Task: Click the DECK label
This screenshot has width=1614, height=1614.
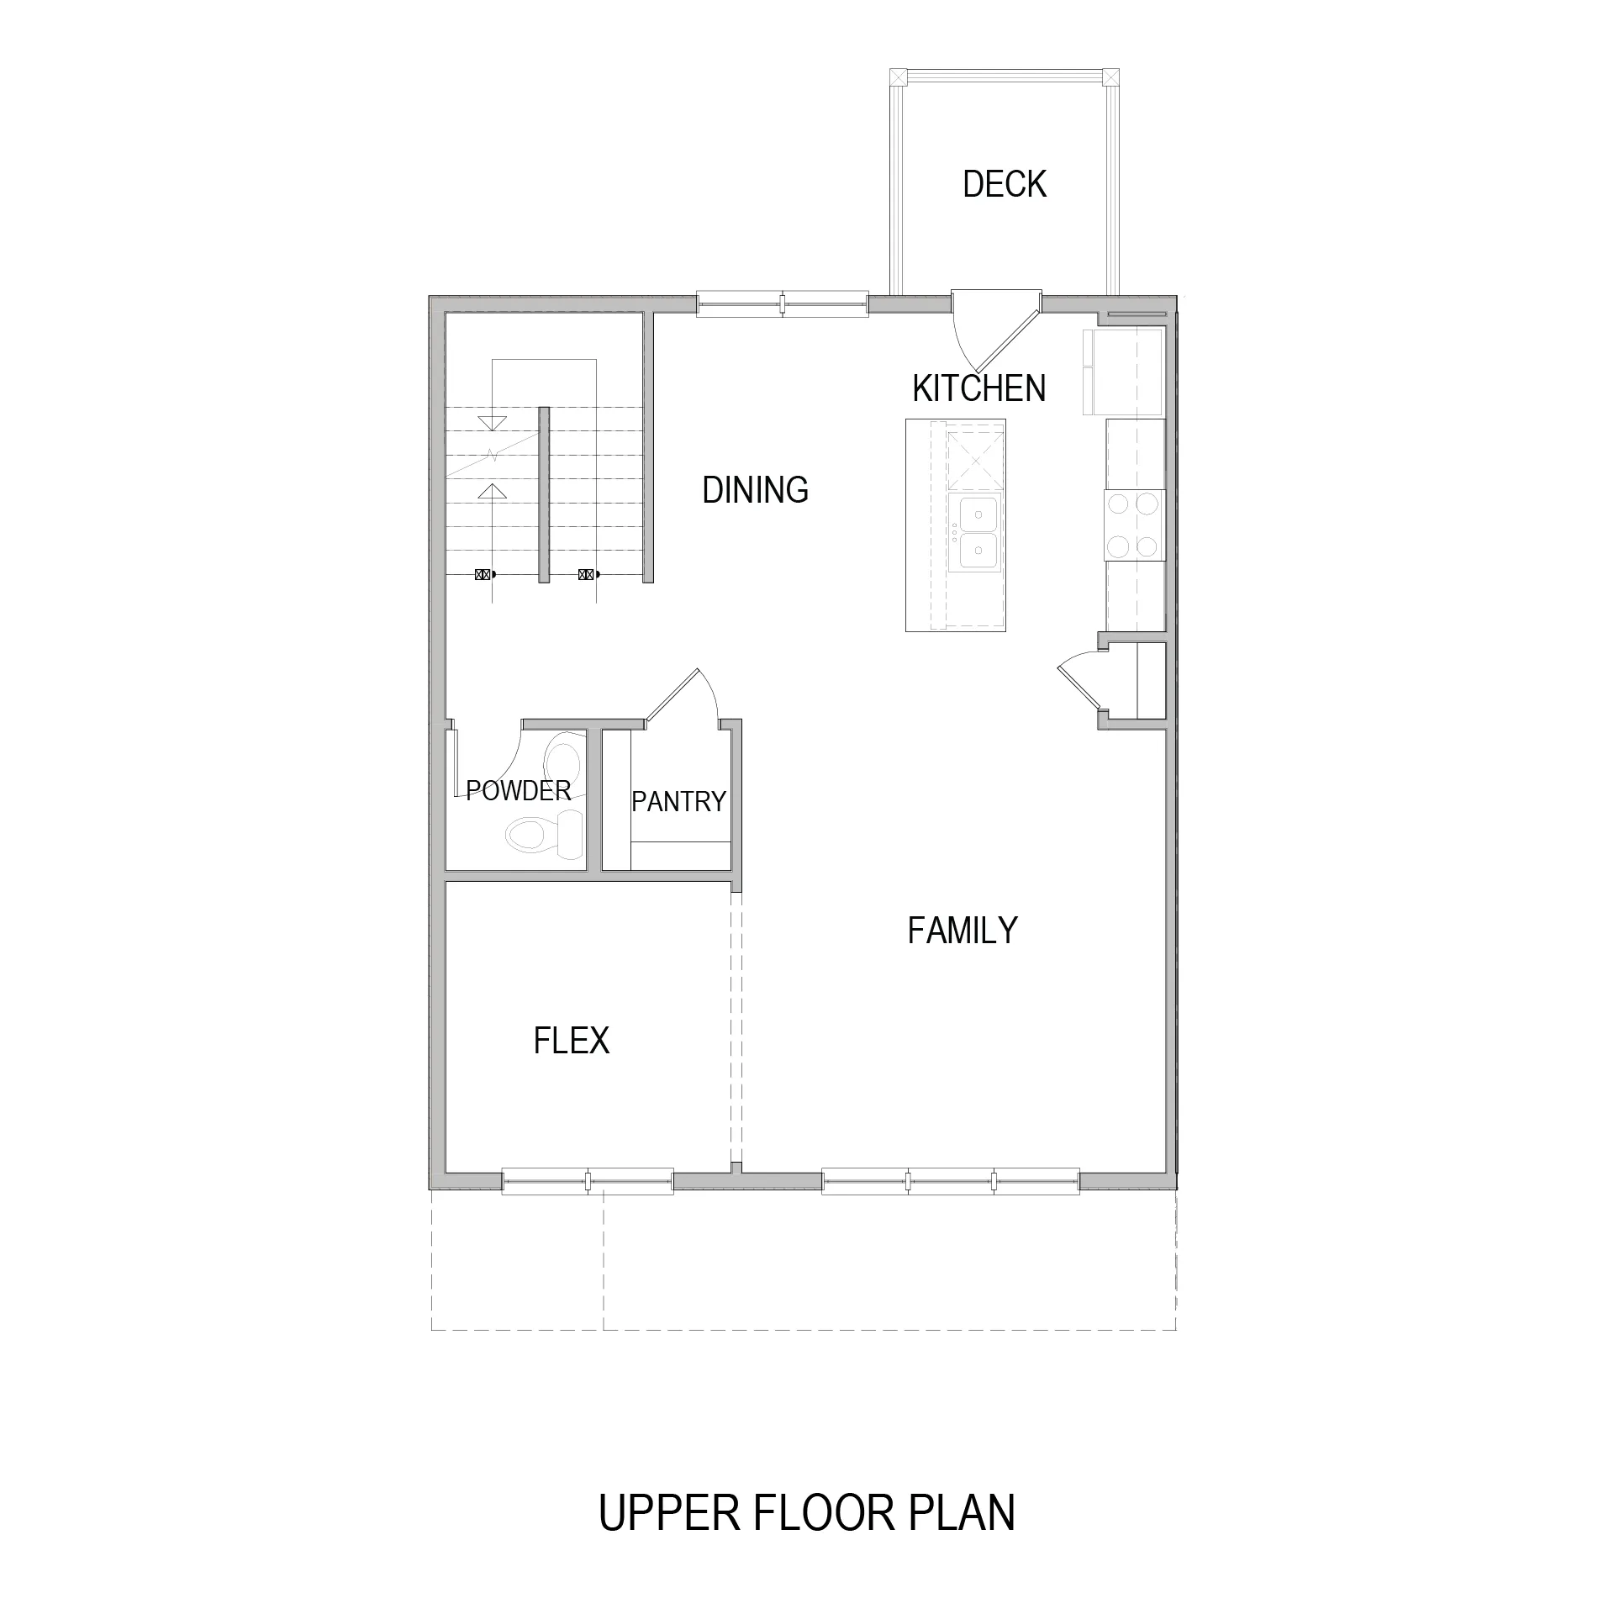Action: (1005, 184)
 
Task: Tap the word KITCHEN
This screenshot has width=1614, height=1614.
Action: (979, 388)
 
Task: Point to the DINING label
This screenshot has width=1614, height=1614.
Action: (755, 490)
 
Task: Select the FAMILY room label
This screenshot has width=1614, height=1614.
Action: (963, 931)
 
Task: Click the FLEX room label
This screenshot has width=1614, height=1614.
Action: (572, 1041)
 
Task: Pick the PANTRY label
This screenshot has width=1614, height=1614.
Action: (678, 802)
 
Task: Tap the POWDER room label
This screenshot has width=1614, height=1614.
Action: (519, 791)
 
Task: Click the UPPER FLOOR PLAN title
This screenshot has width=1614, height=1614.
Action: (807, 1512)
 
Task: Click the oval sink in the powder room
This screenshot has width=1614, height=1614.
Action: (562, 760)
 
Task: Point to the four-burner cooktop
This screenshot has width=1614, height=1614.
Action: (1135, 525)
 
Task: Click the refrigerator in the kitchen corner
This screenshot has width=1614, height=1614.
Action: (1123, 372)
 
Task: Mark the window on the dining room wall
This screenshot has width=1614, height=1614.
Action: (783, 303)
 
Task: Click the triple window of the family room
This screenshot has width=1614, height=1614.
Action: (951, 1181)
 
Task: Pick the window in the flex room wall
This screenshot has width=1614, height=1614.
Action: (588, 1181)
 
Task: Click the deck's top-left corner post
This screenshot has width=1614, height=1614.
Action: (899, 76)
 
